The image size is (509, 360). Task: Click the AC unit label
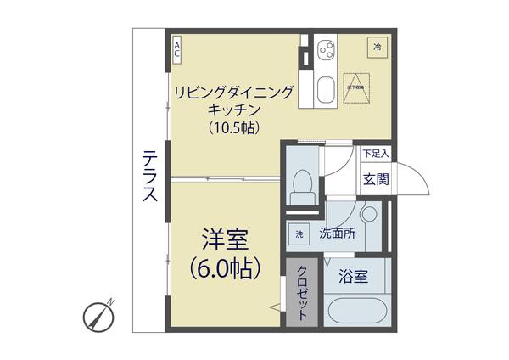[177, 49]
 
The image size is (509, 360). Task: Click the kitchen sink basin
[326, 89]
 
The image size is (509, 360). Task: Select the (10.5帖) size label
[234, 127]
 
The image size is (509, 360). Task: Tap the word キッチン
[234, 109]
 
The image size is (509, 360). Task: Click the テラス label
[149, 176]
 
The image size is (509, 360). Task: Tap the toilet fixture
[301, 185]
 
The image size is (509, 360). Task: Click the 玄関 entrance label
[377, 178]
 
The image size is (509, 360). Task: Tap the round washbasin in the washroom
[368, 214]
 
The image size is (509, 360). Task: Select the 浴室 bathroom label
[353, 276]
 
